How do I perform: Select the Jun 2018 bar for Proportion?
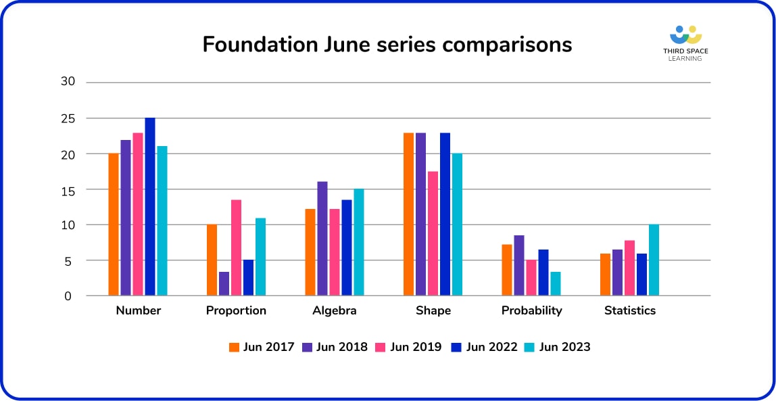coord(224,284)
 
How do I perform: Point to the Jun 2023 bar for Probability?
coord(556,284)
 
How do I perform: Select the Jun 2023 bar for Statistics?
coord(654,260)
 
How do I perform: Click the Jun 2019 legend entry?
coord(409,347)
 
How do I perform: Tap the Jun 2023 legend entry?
coord(558,347)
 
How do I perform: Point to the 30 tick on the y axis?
coord(68,82)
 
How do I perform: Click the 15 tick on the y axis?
coord(68,190)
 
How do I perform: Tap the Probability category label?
coord(531,311)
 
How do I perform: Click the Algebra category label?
coord(334,311)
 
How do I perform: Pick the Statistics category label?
coord(629,311)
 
